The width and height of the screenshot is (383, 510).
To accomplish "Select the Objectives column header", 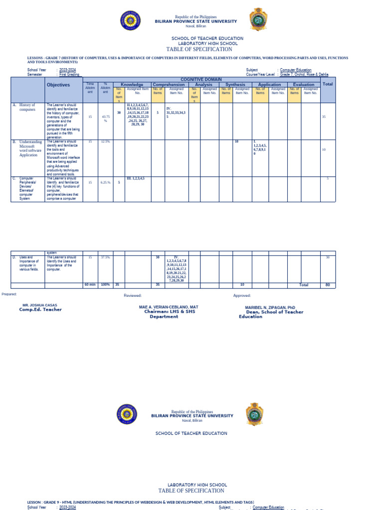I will (x=58, y=85).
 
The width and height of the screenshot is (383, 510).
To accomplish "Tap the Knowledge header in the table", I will (x=132, y=85).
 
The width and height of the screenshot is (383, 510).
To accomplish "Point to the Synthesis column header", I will (x=235, y=85).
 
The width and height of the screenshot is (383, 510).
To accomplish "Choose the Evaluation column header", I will (x=303, y=85).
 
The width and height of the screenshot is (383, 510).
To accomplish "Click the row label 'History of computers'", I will (x=27, y=107).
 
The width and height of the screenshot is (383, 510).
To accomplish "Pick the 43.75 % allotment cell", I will (x=105, y=119).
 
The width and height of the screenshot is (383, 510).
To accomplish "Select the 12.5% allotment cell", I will (x=105, y=141).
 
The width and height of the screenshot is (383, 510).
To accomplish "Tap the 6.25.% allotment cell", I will (x=105, y=182).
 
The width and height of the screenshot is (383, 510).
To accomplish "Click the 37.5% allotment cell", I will (x=105, y=257).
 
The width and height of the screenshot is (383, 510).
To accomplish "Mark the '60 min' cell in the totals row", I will (x=90, y=285).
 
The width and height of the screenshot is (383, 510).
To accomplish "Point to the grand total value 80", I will (x=328, y=285).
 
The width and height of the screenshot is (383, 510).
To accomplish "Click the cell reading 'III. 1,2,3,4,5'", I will (x=135, y=178).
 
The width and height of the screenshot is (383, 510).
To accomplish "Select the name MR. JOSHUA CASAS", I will (x=40, y=304).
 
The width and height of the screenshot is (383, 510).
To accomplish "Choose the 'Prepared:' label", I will (x=9, y=294).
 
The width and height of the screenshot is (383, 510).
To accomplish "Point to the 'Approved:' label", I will (x=242, y=295).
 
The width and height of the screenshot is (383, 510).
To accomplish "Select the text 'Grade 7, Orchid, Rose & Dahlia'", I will (x=307, y=74).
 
